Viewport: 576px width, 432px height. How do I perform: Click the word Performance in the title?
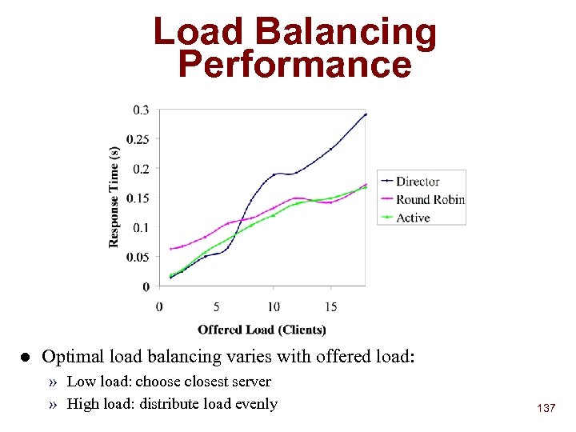tap(294, 64)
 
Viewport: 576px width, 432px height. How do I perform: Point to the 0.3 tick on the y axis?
tap(140, 110)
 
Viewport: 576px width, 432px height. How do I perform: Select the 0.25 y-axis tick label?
tap(137, 139)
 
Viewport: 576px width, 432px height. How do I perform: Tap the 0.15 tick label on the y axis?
tap(137, 198)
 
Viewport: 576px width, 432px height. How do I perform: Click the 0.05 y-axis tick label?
tap(137, 257)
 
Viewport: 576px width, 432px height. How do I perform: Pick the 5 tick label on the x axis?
tap(216, 306)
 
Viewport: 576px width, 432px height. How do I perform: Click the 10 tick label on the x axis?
tap(274, 306)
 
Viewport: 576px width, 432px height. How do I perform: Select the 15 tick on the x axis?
tap(331, 306)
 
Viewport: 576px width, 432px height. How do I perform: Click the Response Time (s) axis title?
tap(114, 197)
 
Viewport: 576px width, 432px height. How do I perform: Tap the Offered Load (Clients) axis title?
tap(262, 330)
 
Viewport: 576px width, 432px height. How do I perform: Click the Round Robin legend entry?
tap(430, 199)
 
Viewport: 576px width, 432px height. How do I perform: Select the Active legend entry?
tap(413, 218)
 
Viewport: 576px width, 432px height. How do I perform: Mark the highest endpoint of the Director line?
tap(366, 114)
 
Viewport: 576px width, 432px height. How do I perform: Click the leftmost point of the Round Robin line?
tap(170, 249)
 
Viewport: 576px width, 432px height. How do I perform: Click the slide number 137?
tap(546, 409)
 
